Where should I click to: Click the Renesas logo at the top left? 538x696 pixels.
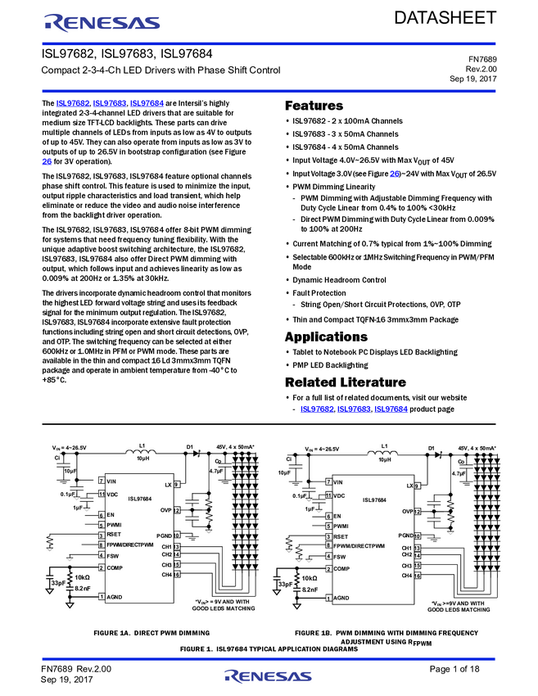(x=102, y=22)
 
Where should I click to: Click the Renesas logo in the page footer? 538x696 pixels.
(x=268, y=676)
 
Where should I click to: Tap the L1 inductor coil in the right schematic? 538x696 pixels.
(x=383, y=453)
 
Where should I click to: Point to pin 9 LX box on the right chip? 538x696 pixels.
(x=417, y=486)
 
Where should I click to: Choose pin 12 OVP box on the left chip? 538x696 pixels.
(x=176, y=510)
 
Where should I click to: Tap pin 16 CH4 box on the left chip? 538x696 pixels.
(x=176, y=575)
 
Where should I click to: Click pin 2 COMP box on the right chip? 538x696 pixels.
(x=328, y=569)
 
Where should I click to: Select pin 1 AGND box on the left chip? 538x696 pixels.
(x=102, y=597)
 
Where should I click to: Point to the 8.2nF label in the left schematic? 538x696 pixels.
(x=83, y=588)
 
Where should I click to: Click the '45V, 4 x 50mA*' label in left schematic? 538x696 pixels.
(x=235, y=447)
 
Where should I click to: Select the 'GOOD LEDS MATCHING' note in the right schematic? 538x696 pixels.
(x=459, y=610)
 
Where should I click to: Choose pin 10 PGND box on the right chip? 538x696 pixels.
(x=417, y=536)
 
